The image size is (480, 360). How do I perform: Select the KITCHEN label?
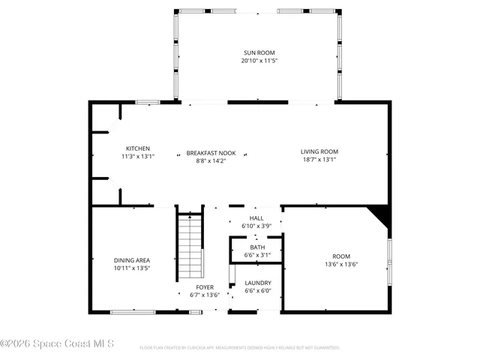[138, 148]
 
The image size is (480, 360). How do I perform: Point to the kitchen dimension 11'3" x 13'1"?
[138, 156]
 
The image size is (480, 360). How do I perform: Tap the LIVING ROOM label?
[319, 151]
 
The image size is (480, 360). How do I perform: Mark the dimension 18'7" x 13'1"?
[319, 159]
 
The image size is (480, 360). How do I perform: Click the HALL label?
[256, 218]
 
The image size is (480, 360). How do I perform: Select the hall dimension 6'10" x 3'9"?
[256, 226]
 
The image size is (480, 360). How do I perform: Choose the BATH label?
[257, 247]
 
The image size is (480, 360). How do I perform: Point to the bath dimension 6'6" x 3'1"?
[257, 255]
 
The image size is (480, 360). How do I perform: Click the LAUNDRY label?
[257, 283]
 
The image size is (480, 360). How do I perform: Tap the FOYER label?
[205, 287]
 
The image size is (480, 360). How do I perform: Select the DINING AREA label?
[132, 259]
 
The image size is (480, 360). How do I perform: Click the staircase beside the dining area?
[190, 247]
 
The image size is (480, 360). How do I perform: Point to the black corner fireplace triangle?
[382, 214]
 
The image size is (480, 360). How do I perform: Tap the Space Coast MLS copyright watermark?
[58, 344]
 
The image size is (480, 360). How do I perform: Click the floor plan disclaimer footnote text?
[240, 348]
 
